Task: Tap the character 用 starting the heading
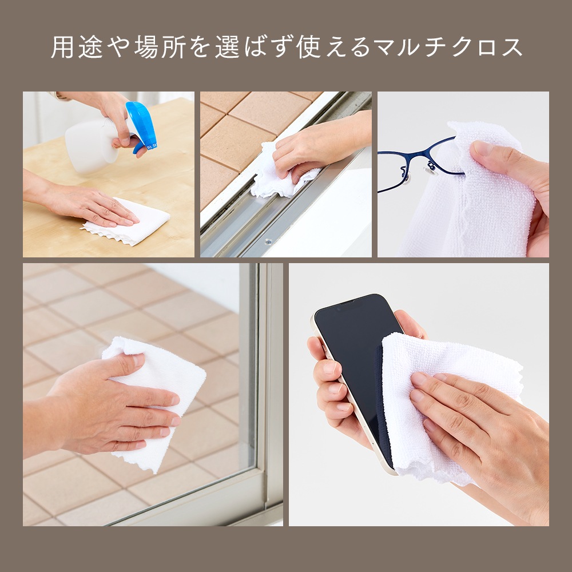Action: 61,47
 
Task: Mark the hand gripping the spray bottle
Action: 117,114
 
